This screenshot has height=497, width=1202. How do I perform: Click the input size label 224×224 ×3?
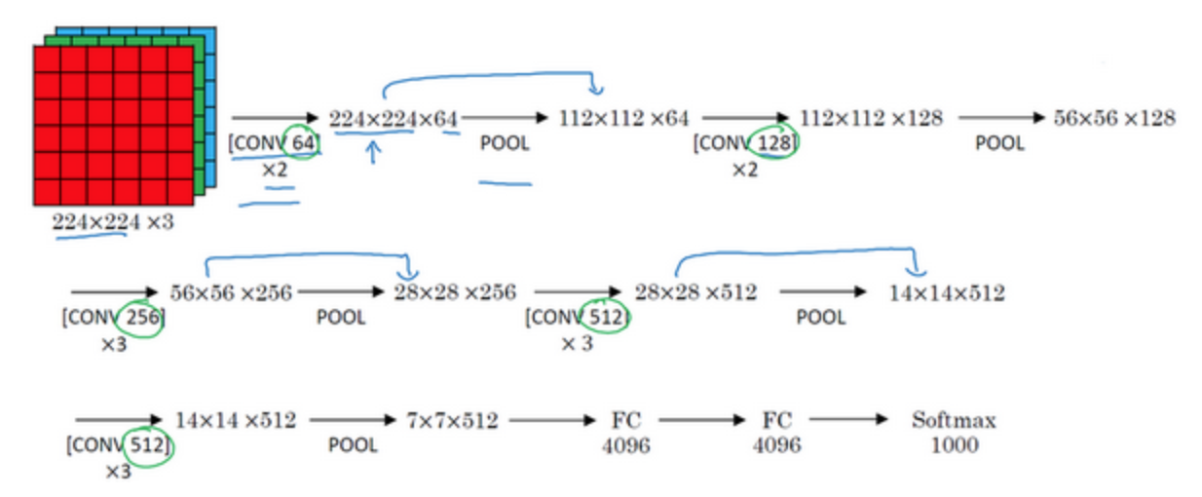point(113,221)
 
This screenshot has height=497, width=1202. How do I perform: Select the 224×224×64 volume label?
point(394,119)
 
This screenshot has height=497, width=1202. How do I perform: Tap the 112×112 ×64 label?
point(623,118)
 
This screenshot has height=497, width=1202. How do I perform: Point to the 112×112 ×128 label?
point(871,118)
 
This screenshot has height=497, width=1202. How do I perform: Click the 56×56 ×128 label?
point(1114,118)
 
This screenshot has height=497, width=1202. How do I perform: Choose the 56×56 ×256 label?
point(231,292)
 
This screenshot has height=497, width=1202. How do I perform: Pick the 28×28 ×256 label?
point(455,292)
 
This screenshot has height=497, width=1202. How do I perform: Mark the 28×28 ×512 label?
point(696,292)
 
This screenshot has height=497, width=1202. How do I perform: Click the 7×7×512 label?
point(453,420)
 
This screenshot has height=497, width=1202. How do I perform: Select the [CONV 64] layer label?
point(274,143)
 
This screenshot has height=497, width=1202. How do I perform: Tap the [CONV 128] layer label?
point(745,143)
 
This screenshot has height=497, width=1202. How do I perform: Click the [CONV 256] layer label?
point(114,317)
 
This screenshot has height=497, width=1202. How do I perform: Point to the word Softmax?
point(954,420)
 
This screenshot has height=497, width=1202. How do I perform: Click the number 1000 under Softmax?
point(955,445)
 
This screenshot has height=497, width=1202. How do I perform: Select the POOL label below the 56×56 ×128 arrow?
point(999,143)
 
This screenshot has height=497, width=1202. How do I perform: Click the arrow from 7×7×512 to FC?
point(552,420)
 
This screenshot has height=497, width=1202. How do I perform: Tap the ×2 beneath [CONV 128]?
point(745,171)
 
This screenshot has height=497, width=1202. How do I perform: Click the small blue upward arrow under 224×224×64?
point(373,152)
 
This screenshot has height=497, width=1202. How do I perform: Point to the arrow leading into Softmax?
point(849,419)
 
